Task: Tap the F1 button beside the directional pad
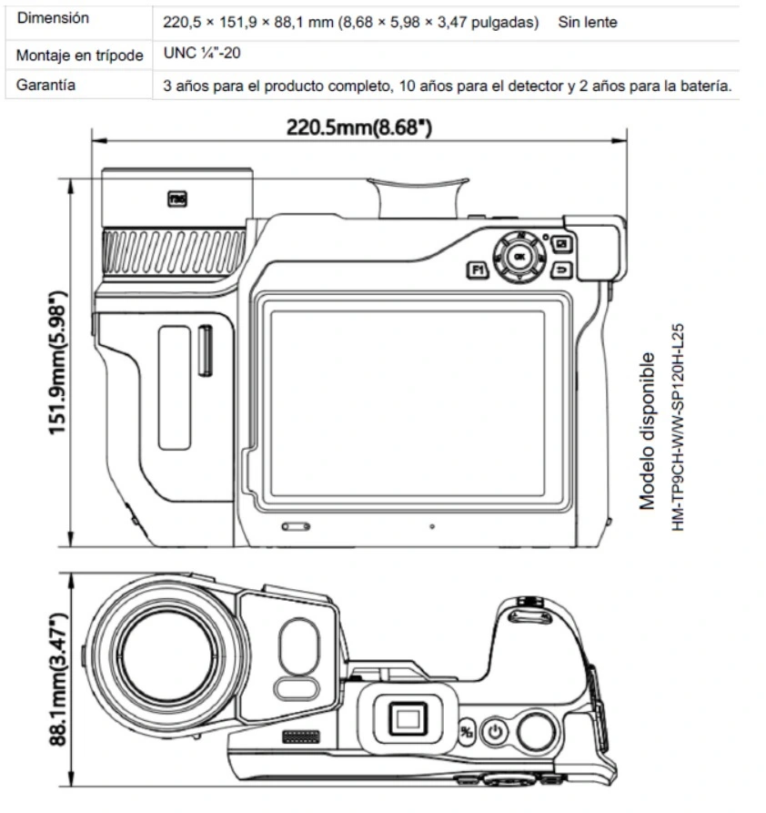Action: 477,269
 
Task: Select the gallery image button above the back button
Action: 561,244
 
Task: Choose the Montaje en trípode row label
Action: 80,55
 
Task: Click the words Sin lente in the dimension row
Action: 588,21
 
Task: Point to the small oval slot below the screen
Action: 296,526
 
